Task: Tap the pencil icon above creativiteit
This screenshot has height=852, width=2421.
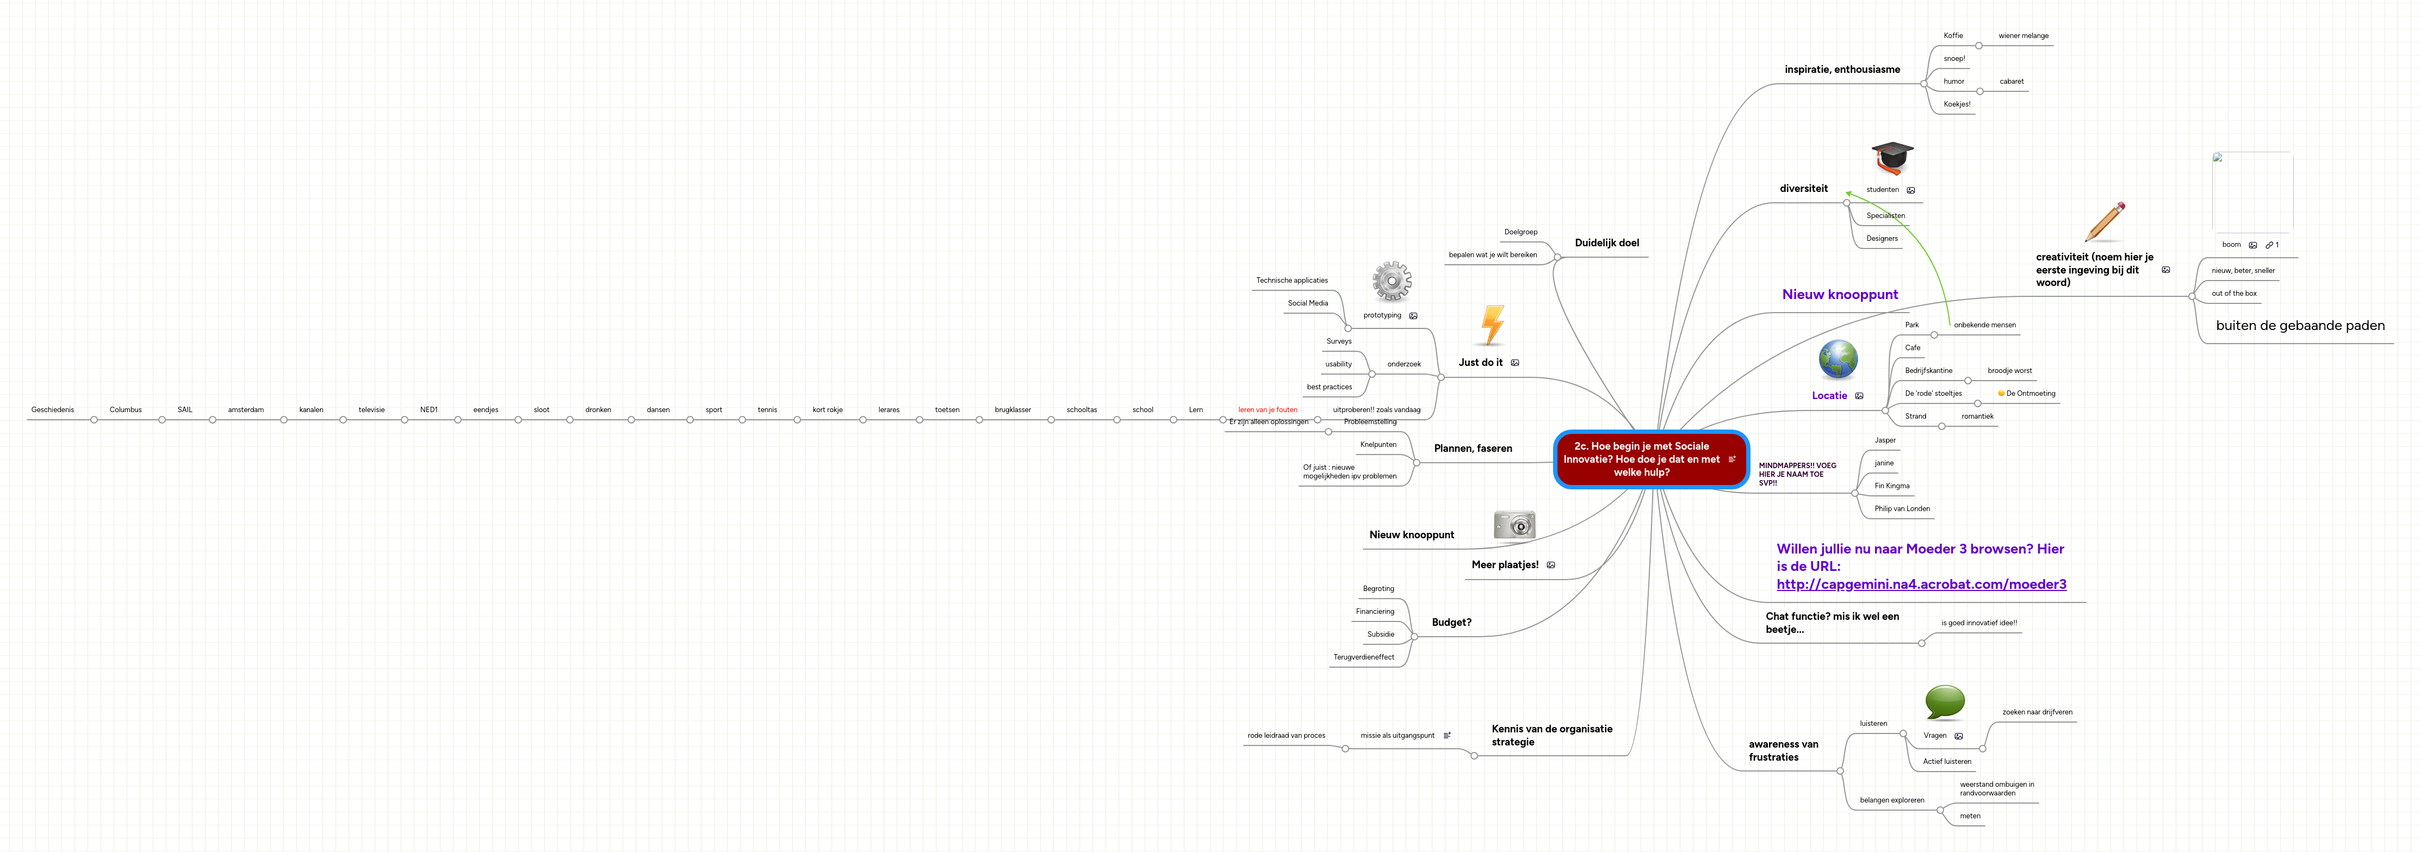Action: point(2105,222)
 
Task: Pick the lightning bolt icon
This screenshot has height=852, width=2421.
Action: point(1492,325)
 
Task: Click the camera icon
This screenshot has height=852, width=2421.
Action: point(1514,525)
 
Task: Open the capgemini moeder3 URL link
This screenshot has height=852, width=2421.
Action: point(1921,584)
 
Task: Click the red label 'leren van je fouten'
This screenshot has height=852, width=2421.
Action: point(1267,409)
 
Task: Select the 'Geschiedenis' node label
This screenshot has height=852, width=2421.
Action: point(53,409)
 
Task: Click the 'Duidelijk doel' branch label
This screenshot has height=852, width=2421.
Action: point(1606,243)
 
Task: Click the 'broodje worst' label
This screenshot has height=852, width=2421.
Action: point(2009,371)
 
